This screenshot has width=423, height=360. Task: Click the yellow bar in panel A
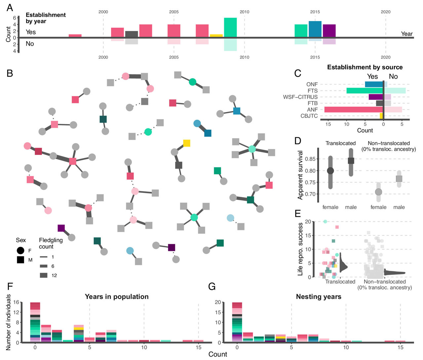(x=216, y=36)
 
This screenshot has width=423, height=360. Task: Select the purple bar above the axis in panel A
(x=329, y=31)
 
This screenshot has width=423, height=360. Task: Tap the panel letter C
(x=298, y=73)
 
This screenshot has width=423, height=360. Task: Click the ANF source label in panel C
(x=312, y=110)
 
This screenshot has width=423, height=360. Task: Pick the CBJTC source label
(x=309, y=116)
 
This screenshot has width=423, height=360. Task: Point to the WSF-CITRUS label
(x=300, y=97)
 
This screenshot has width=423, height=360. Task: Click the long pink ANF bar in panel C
(x=353, y=110)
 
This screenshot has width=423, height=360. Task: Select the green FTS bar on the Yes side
(x=365, y=90)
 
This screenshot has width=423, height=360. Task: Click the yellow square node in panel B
(x=187, y=143)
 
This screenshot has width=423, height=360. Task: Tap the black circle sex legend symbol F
(x=20, y=250)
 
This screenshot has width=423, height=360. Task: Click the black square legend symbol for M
(x=20, y=260)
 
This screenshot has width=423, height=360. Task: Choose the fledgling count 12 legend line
(x=44, y=275)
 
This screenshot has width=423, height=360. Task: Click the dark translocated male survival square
(x=351, y=161)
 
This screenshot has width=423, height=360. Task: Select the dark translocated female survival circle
(x=330, y=170)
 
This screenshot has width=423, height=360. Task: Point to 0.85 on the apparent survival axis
(x=310, y=159)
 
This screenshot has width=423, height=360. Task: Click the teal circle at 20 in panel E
(x=325, y=222)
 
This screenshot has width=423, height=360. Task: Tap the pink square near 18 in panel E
(x=337, y=227)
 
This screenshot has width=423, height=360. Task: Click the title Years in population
(x=117, y=297)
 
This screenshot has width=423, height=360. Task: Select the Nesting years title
(x=319, y=297)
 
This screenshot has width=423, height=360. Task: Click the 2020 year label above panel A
(x=385, y=12)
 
